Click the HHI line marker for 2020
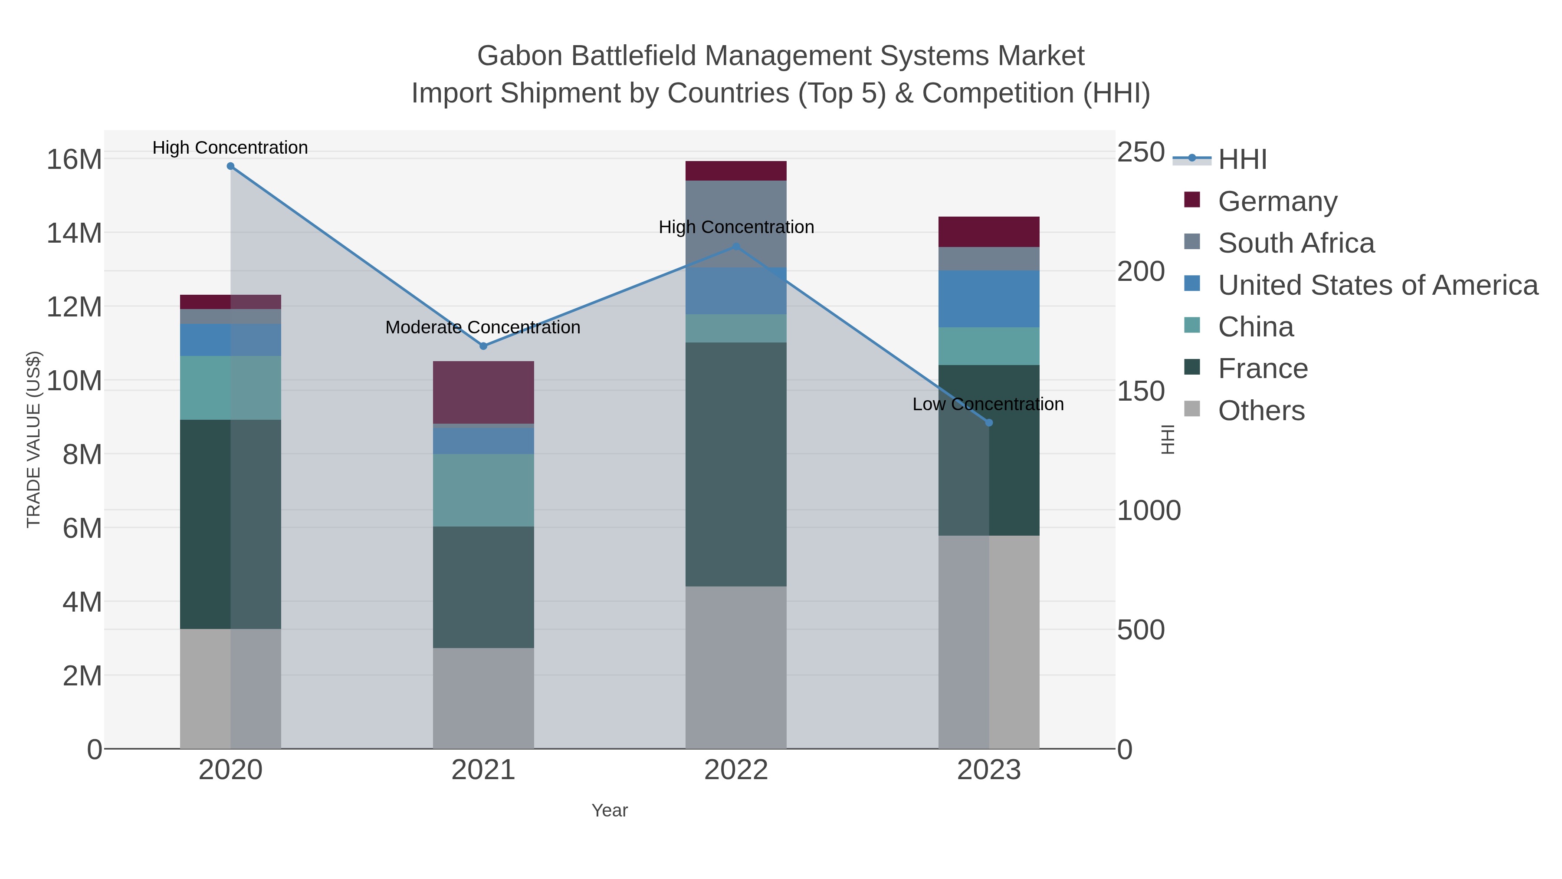[x=230, y=166]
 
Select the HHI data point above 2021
[x=483, y=346]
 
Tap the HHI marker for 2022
[x=736, y=246]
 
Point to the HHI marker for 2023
[x=989, y=423]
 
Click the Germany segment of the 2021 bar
[x=483, y=392]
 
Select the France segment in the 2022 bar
[x=736, y=464]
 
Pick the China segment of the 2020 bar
[x=230, y=388]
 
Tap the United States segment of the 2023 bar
[x=989, y=299]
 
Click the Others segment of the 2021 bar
[x=483, y=698]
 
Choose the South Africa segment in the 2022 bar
[x=736, y=224]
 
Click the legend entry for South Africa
[x=1296, y=243]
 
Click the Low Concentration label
[x=988, y=405]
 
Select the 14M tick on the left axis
[x=74, y=233]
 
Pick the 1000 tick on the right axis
[x=1149, y=511]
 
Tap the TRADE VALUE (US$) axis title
[x=34, y=439]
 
